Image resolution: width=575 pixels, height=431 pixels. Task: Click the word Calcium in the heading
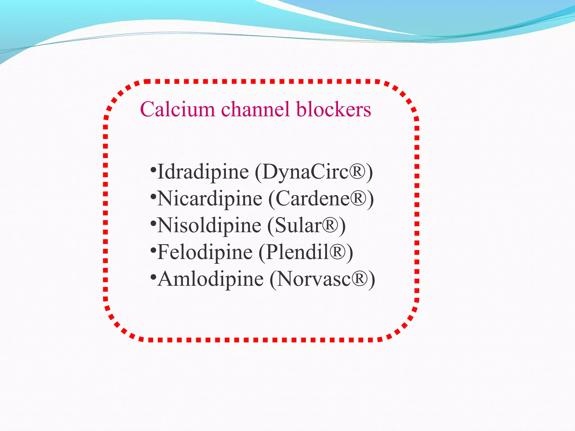click(177, 109)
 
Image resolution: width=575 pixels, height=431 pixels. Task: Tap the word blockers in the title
click(334, 109)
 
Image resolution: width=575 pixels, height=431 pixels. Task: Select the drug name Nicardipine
click(210, 199)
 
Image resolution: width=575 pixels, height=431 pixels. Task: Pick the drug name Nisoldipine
click(209, 225)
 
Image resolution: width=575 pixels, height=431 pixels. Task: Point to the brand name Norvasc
click(314, 279)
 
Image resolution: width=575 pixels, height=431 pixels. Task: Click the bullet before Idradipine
click(153, 170)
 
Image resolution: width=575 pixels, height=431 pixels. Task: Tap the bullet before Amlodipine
click(153, 277)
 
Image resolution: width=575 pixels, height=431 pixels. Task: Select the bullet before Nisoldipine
click(153, 223)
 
